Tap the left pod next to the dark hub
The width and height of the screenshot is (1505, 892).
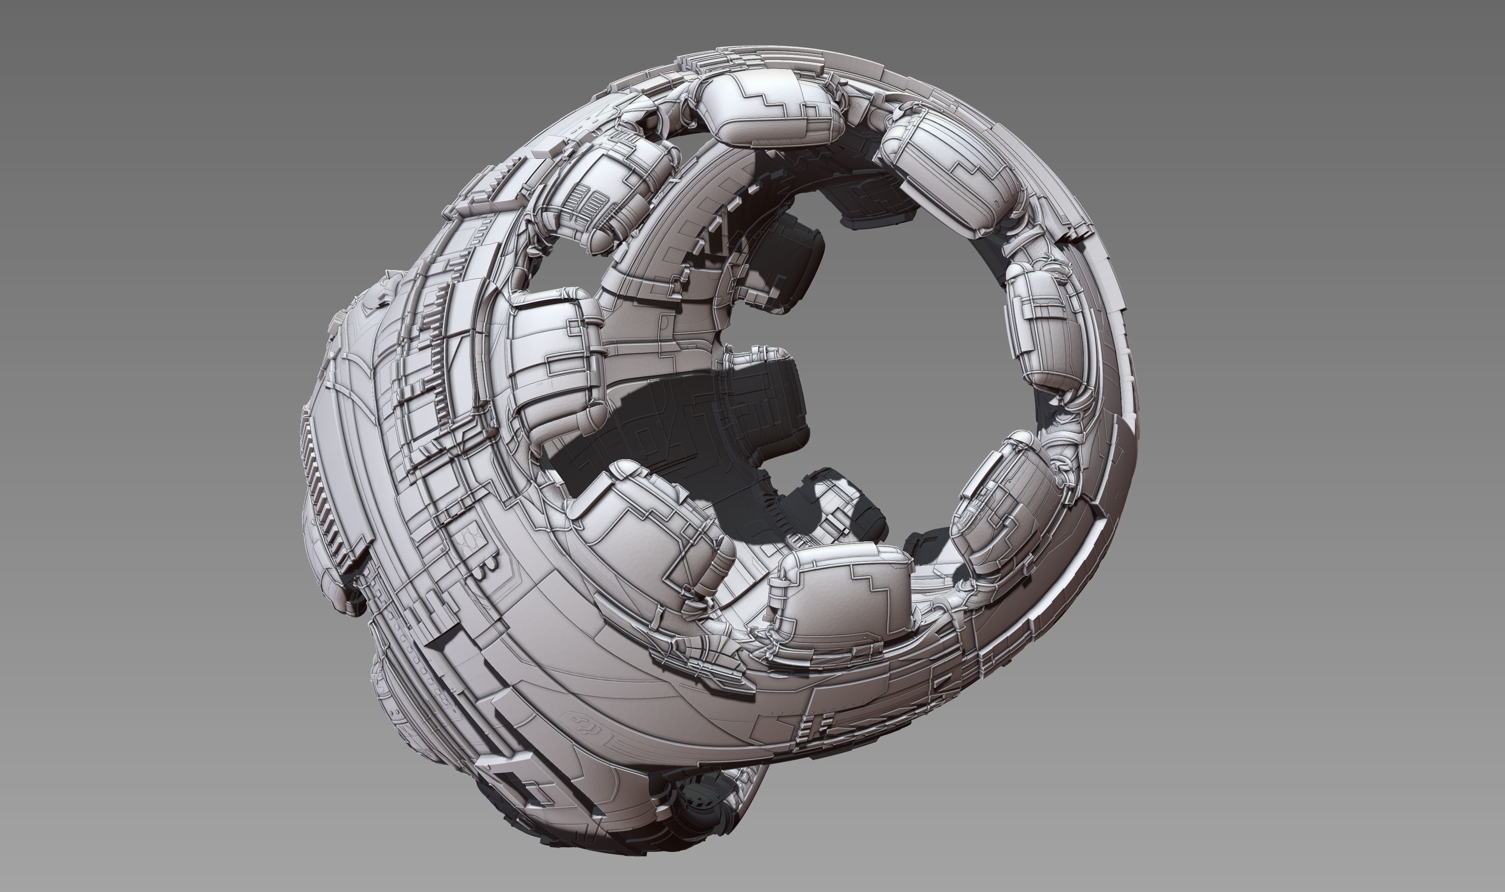point(553,361)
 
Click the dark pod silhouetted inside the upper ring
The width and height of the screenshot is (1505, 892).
point(793,264)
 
